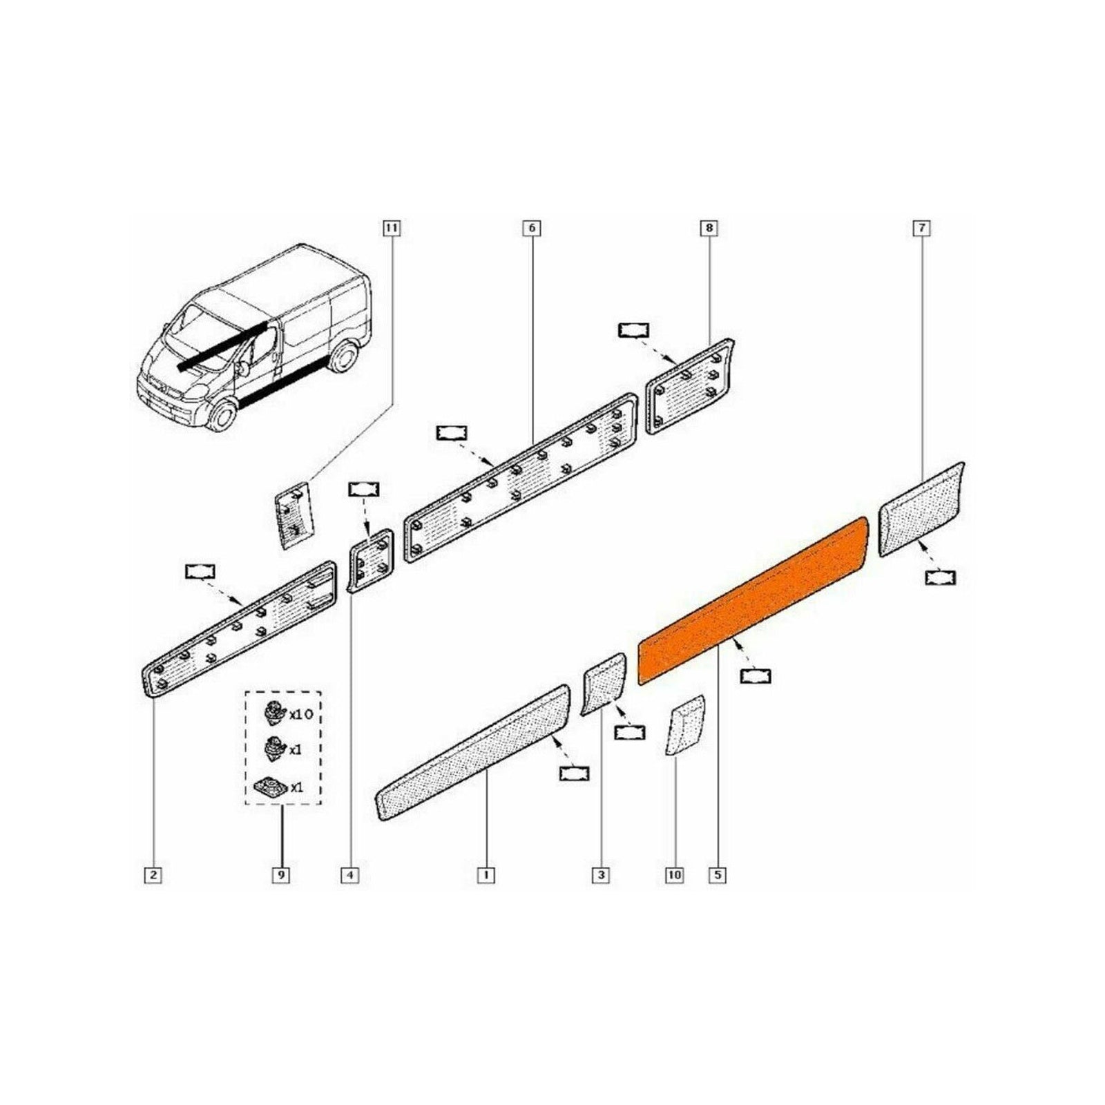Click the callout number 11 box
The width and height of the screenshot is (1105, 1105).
click(x=392, y=228)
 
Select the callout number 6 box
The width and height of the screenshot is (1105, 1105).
click(x=532, y=228)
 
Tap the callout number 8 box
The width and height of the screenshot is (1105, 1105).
click(x=709, y=228)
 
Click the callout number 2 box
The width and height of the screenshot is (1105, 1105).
click(x=153, y=875)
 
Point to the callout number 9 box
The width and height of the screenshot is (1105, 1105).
click(x=281, y=875)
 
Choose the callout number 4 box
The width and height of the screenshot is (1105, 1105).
click(x=350, y=875)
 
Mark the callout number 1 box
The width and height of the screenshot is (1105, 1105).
click(x=486, y=875)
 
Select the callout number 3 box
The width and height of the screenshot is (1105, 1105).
click(x=601, y=875)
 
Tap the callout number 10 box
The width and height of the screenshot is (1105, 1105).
click(x=674, y=875)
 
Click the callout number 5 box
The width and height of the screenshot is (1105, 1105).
click(x=717, y=875)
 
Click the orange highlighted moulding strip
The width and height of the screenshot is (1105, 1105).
click(x=753, y=601)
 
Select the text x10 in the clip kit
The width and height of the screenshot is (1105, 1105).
click(x=301, y=714)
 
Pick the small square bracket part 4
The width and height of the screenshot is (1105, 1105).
click(x=371, y=559)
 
